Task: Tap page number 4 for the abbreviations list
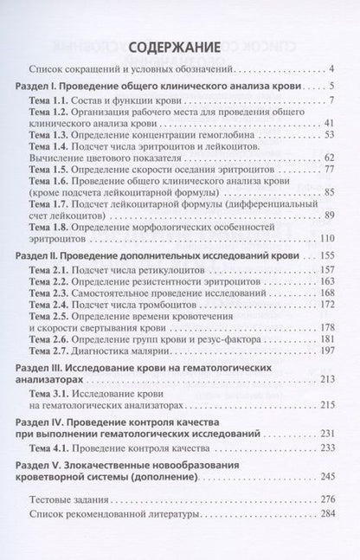(331, 68)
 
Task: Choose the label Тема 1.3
(49, 136)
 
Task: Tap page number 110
(326, 237)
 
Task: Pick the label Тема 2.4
(49, 305)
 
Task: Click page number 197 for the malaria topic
(326, 351)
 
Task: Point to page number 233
(326, 447)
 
